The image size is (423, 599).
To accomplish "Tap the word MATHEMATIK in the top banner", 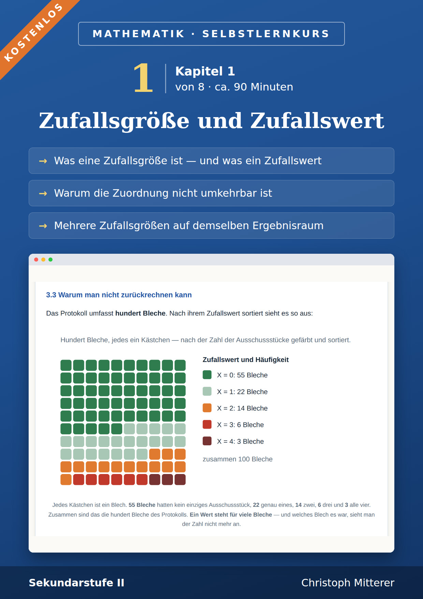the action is [138, 34].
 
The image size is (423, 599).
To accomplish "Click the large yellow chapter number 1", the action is [143, 78].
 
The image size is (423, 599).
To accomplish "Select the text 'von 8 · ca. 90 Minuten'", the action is [234, 87].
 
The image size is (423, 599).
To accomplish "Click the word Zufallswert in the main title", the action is [317, 121].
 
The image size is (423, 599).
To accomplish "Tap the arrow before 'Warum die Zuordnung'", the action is [43, 193].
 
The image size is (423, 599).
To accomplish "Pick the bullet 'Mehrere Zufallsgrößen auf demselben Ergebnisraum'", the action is [189, 225].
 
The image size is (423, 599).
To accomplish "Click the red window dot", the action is [36, 260].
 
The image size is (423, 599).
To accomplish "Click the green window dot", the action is [50, 260].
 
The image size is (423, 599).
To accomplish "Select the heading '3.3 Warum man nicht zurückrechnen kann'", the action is [119, 295].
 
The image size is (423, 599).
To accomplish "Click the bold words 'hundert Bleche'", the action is [140, 313].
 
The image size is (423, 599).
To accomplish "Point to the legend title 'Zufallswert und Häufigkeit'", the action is [246, 360].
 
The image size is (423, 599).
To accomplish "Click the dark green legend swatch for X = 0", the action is [207, 375].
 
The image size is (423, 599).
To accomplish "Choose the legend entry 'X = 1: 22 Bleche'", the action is [242, 392].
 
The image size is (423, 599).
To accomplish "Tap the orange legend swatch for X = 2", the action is [207, 408].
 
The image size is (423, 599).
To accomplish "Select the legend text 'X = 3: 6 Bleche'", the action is [240, 425].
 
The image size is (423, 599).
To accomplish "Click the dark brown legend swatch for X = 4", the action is [207, 441].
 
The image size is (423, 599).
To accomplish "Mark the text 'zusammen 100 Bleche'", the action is [238, 459].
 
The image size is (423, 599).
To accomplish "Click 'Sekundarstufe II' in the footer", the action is [76, 583].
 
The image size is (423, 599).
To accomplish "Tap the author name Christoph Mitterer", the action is [348, 583].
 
